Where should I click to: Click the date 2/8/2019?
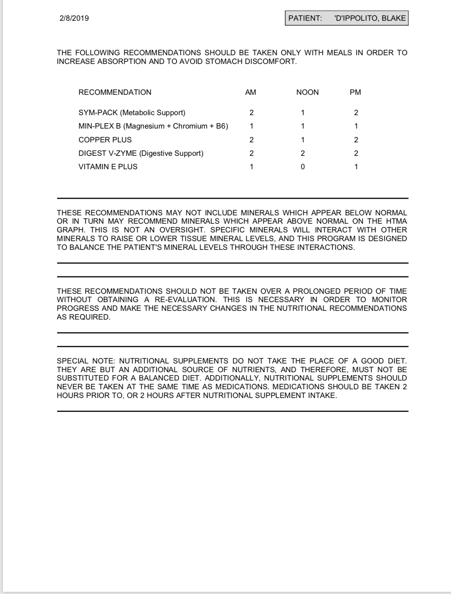(x=74, y=18)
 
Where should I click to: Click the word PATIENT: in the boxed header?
(x=305, y=18)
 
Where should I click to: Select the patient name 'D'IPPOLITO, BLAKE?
(x=370, y=18)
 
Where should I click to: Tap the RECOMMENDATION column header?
(x=115, y=92)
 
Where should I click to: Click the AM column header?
(x=251, y=92)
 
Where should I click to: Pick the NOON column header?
(x=307, y=92)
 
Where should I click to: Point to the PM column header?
(x=355, y=92)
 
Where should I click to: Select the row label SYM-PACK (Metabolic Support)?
(x=132, y=113)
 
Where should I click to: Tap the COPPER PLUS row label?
(x=105, y=140)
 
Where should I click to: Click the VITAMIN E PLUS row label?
(x=108, y=167)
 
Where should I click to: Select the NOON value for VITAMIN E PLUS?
(x=303, y=167)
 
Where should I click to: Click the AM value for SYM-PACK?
(x=251, y=113)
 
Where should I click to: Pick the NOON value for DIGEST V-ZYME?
(x=303, y=153)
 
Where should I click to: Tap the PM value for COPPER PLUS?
(x=356, y=140)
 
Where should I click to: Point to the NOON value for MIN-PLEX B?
(x=303, y=126)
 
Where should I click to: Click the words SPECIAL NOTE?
(x=86, y=361)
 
